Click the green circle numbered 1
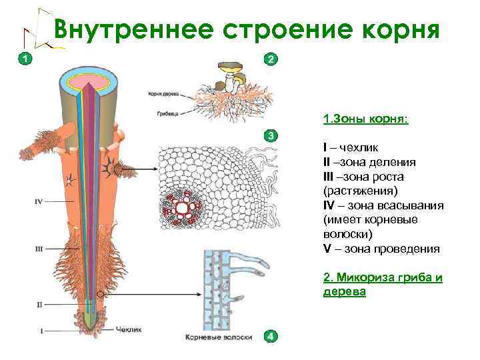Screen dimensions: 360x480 [24, 59]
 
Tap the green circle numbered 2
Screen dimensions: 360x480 [270, 59]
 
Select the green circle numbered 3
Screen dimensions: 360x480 [270, 136]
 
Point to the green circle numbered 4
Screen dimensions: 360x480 [270, 337]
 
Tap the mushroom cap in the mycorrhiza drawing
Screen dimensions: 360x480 [231, 67]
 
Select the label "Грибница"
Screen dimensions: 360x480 [164, 114]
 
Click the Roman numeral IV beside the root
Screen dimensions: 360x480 [39, 201]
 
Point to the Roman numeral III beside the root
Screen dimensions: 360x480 [39, 249]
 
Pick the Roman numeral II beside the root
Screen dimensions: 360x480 [39, 305]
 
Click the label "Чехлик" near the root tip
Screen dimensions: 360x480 [128, 329]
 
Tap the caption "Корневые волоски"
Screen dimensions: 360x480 [219, 337]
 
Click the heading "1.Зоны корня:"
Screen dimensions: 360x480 [365, 119]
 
